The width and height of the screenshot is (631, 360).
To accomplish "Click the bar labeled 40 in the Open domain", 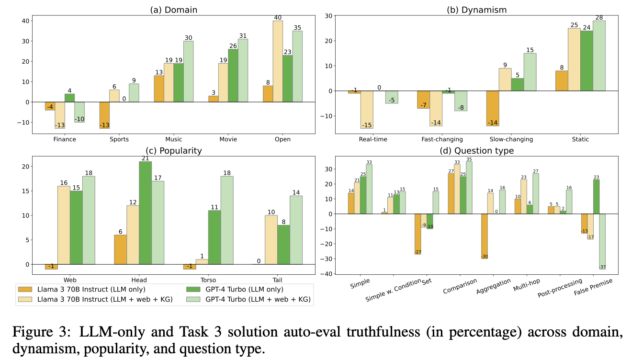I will coord(278,61).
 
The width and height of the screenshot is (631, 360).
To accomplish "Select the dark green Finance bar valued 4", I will coord(69,98).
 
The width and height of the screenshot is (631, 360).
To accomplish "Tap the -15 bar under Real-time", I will coord(366,110).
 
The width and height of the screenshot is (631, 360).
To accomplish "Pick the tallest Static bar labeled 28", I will coord(598,56).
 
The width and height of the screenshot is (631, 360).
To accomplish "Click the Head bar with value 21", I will coord(145,213).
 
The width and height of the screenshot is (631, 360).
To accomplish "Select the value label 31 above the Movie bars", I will coord(242,35).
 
